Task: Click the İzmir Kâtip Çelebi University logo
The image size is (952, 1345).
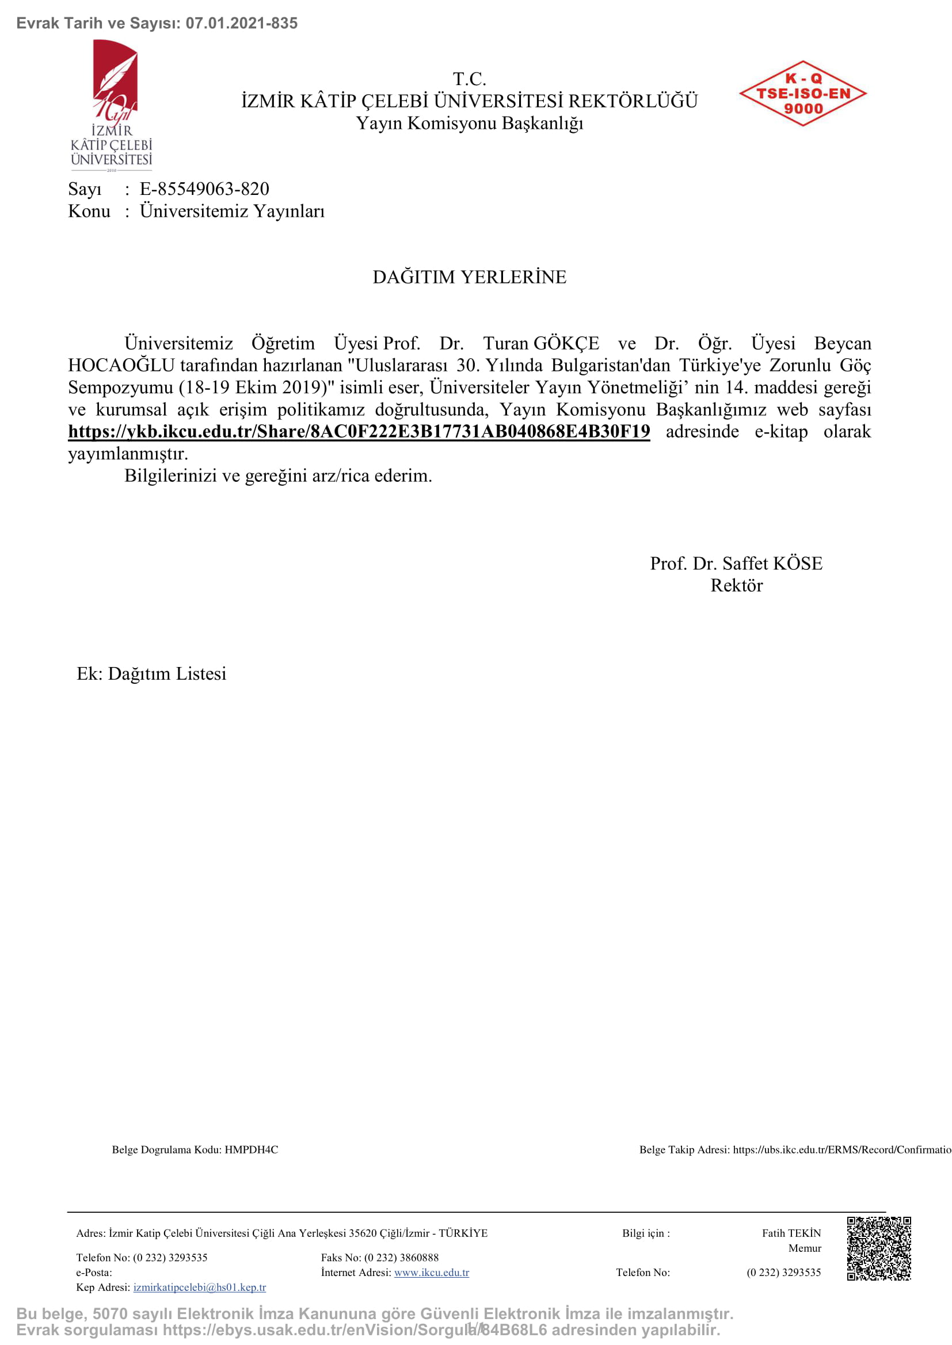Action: (112, 104)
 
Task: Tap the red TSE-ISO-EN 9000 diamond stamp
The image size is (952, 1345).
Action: (802, 94)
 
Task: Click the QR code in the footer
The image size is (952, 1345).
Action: (878, 1248)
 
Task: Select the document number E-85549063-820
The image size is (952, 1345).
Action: (204, 189)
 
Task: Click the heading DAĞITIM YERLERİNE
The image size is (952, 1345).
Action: (470, 277)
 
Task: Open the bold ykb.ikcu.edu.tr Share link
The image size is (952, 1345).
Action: (359, 432)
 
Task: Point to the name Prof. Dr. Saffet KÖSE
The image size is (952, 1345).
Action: (736, 564)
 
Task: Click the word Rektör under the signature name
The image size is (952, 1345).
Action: (736, 586)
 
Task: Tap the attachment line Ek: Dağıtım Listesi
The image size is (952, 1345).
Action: (151, 674)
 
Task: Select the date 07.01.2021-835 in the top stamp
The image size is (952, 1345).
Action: (242, 24)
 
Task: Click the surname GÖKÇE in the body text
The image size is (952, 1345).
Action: (566, 343)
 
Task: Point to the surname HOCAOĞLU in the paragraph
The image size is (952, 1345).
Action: (121, 366)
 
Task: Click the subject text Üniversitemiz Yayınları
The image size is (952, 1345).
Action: (231, 212)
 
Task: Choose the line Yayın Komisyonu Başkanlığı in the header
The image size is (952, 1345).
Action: (470, 124)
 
